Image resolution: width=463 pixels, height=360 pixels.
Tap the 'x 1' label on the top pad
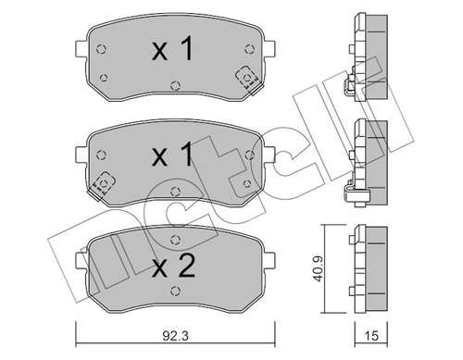[x=173, y=52]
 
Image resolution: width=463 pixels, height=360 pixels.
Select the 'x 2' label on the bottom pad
[x=173, y=268]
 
